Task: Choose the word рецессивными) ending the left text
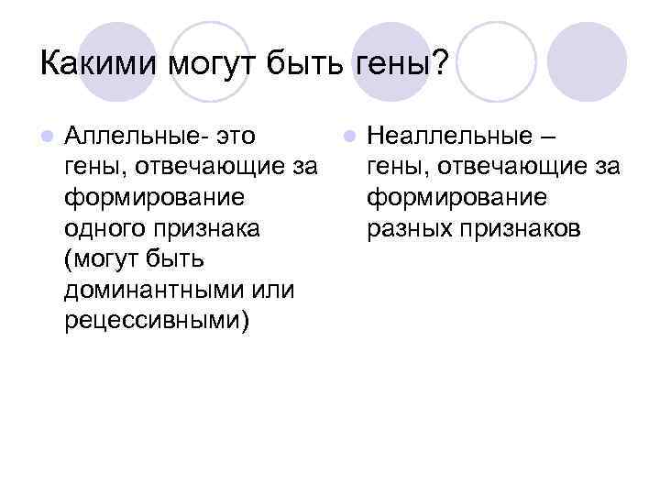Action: [156, 323]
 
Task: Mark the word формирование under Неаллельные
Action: [456, 198]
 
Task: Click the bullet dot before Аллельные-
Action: [47, 137]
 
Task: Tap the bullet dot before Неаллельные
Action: [348, 137]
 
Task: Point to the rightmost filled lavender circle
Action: [592, 61]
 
